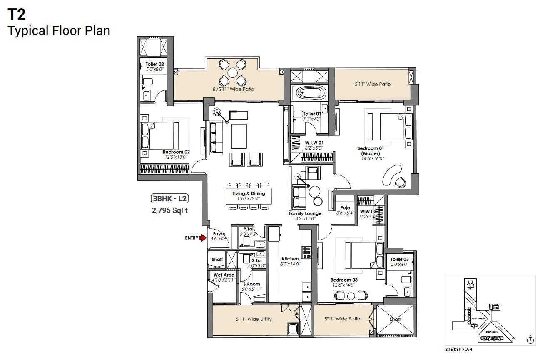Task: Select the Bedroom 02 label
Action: (x=176, y=152)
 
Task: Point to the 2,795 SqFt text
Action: (x=169, y=210)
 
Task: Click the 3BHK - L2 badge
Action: (x=169, y=199)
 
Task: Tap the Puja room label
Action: (x=345, y=207)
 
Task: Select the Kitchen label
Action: (x=290, y=259)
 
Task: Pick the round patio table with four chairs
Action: (x=233, y=72)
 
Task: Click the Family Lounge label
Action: (x=305, y=213)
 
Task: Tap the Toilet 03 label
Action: (x=399, y=259)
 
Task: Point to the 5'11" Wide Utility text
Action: (x=253, y=319)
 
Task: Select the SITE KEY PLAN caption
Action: (x=459, y=350)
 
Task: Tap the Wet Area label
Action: (x=224, y=275)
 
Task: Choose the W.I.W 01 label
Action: (x=314, y=142)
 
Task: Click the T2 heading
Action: (x=17, y=15)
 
